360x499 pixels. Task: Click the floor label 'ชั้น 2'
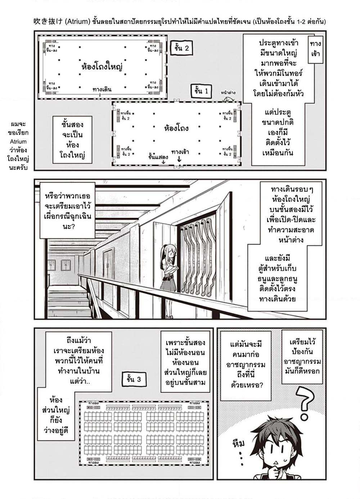tap(181, 48)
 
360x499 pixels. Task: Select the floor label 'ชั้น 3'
tap(134, 379)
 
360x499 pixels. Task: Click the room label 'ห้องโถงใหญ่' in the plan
tap(102, 67)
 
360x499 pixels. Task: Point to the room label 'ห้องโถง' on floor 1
tap(176, 128)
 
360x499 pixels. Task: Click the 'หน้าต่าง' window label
tap(228, 93)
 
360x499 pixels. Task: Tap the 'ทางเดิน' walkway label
tap(102, 89)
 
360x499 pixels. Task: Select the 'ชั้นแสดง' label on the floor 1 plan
tap(158, 157)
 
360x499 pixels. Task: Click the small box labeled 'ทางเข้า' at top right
tap(315, 49)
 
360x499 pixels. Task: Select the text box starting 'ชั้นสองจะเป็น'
tap(72, 140)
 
